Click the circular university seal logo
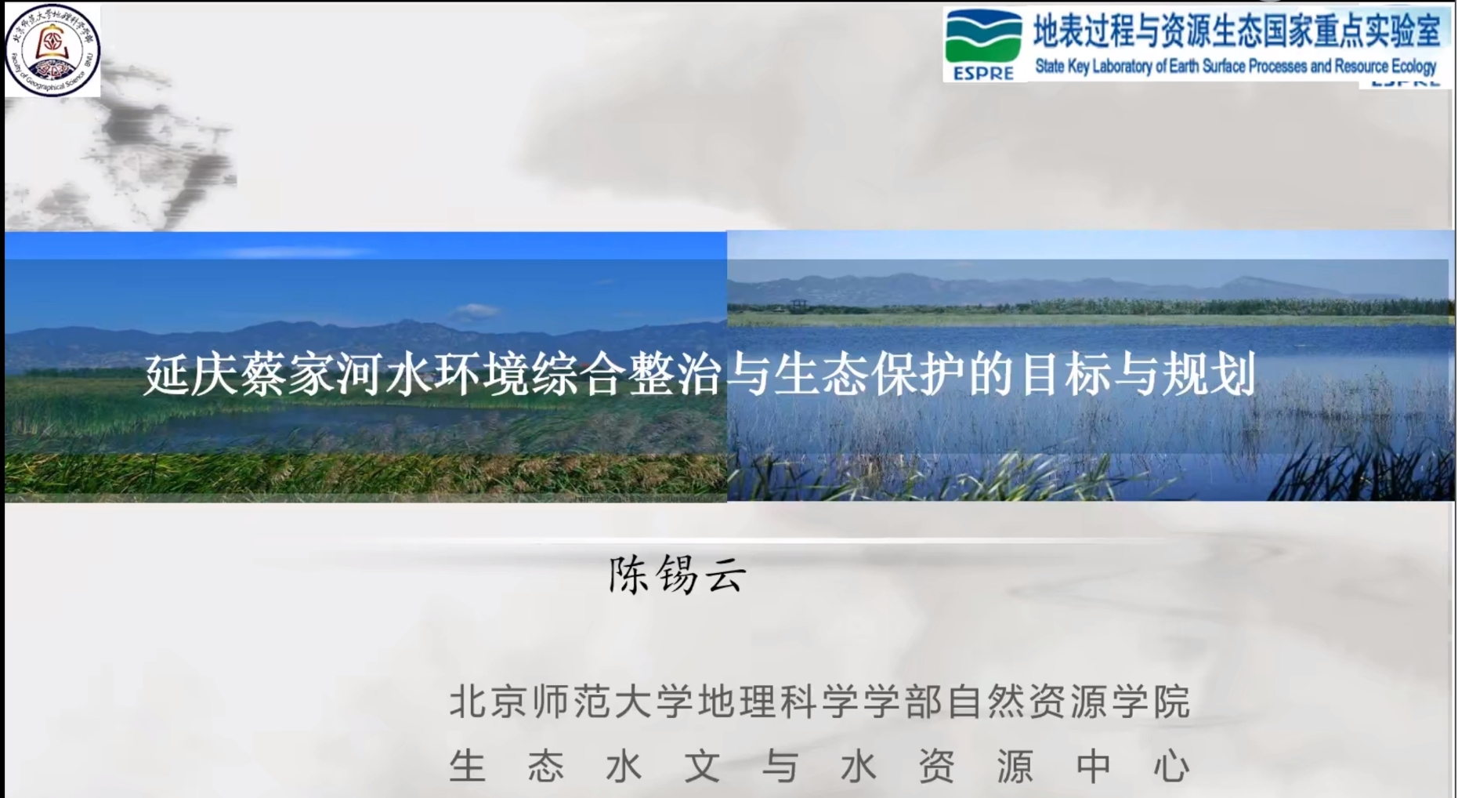[52, 49]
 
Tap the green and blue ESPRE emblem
[983, 44]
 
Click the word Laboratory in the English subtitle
[1122, 67]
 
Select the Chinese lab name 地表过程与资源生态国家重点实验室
[1236, 31]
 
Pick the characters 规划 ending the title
[1209, 374]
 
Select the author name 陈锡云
[678, 575]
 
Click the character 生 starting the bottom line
[468, 766]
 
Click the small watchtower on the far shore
[798, 304]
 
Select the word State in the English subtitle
[1050, 67]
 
